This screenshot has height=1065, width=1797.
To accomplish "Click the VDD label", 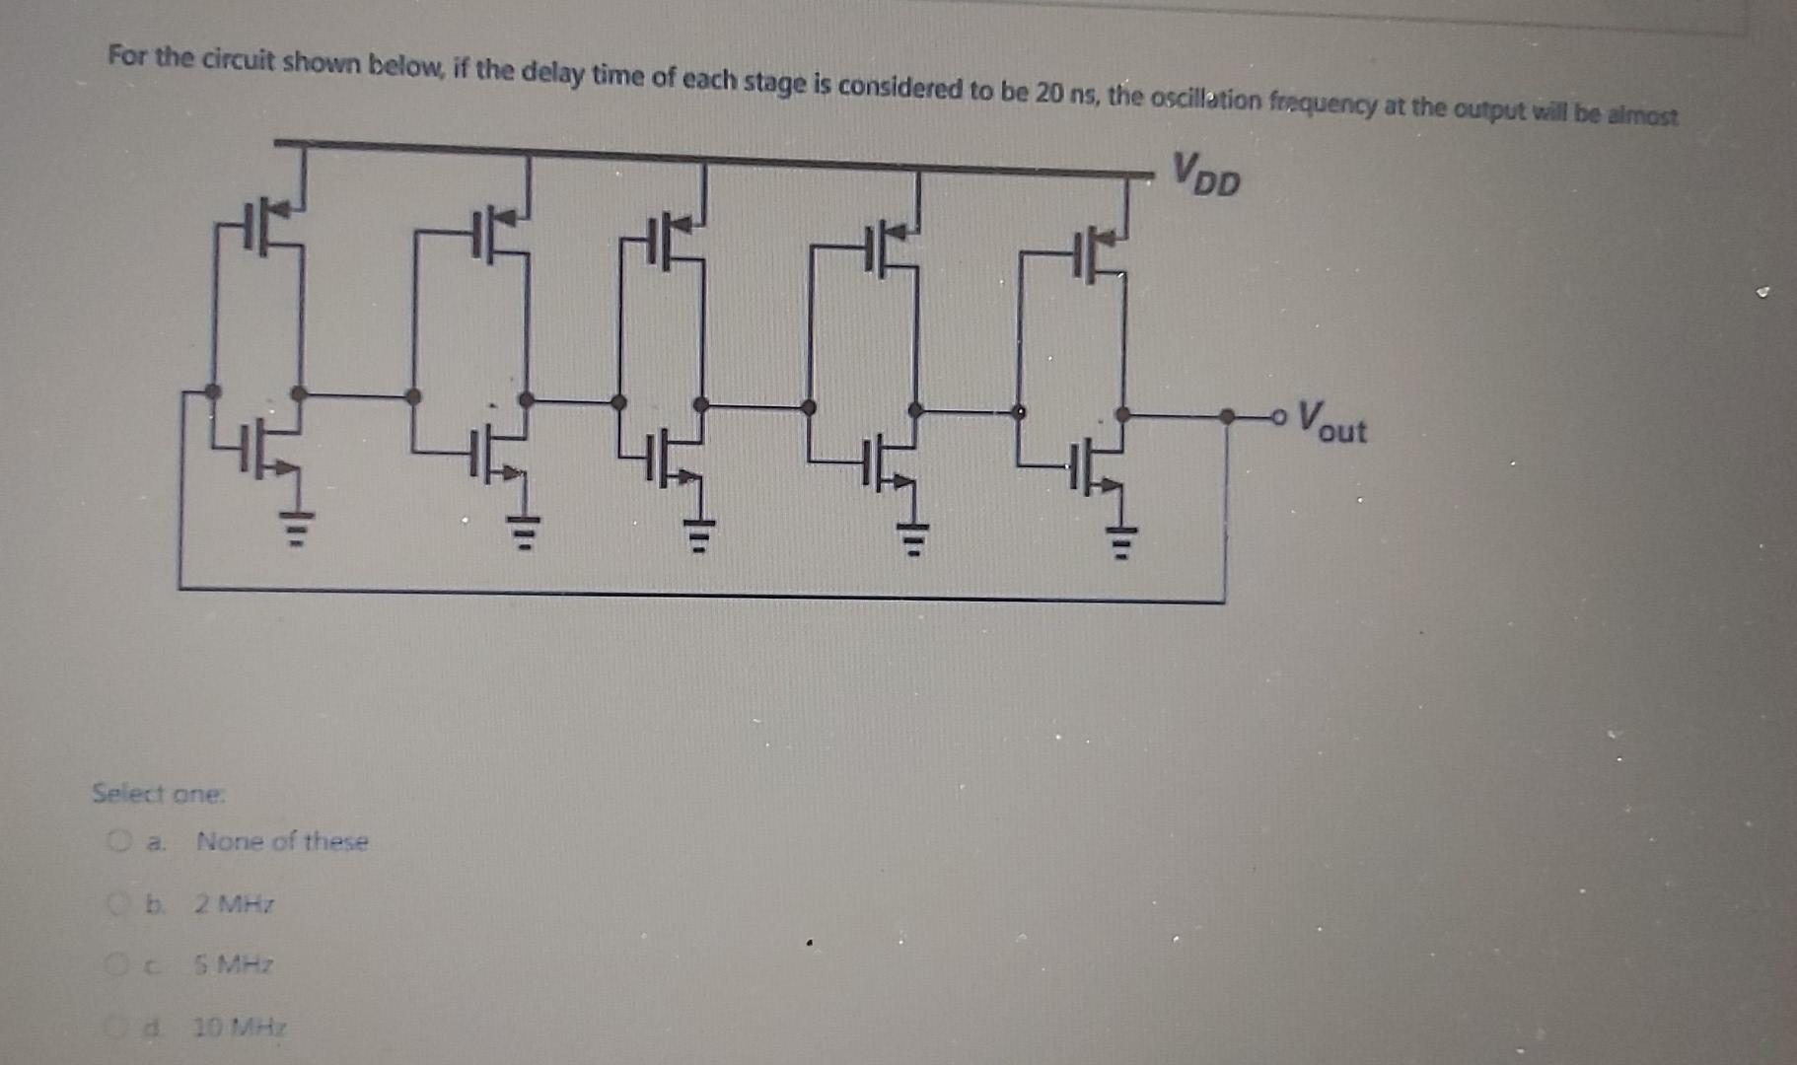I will click(x=1207, y=175).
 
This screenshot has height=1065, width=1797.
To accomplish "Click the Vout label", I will click(x=1331, y=423).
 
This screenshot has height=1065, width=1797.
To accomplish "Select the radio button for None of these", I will click(x=119, y=841).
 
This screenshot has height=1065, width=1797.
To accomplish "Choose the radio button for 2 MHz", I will click(x=119, y=903).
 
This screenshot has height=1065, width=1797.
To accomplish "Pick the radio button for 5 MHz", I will click(x=117, y=964).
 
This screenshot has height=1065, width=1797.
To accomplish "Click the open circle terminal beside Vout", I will click(x=1279, y=417).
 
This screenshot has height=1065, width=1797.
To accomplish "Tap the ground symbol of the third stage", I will click(x=698, y=536).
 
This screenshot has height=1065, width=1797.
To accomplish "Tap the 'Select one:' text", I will click(x=159, y=794).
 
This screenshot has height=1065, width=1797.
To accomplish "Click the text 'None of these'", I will click(x=282, y=841).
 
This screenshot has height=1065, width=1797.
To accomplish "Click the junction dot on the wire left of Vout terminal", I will click(x=1226, y=417).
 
